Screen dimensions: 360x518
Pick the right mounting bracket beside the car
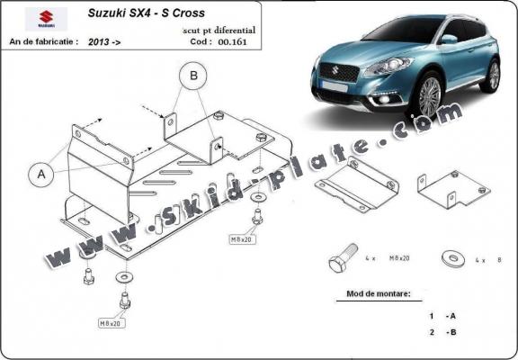click(451, 190)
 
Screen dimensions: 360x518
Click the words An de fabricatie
click(44, 40)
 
